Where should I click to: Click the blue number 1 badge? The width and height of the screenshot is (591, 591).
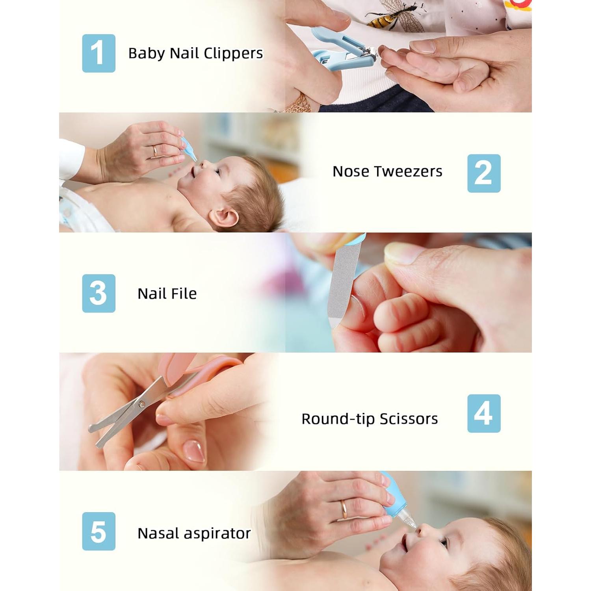coord(98,53)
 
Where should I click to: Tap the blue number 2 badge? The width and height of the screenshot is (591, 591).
coord(484,173)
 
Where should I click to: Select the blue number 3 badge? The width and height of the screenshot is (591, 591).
coord(98,294)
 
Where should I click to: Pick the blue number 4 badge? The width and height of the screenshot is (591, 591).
coord(484,413)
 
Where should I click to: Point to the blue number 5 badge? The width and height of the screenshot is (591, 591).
coord(98,532)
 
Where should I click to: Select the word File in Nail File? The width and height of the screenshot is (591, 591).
coord(184,294)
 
